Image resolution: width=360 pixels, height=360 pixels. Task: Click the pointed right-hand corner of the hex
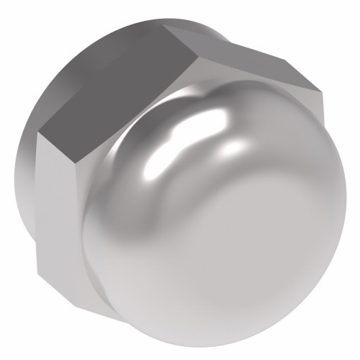(320, 91)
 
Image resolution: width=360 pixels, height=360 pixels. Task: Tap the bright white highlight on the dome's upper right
(234, 148)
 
